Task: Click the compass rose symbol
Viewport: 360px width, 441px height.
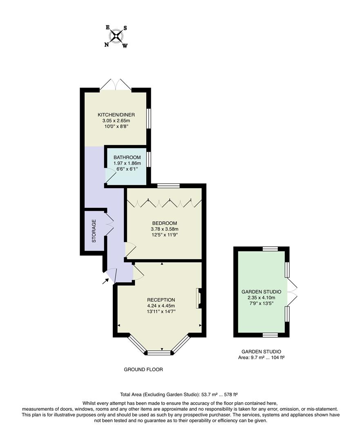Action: pos(116,36)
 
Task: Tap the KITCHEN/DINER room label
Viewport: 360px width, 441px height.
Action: pos(116,114)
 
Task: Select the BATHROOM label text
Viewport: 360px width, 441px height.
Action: pos(127,157)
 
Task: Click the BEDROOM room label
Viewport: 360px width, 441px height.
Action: pos(164,223)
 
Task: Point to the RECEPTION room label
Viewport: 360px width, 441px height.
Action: pos(161,299)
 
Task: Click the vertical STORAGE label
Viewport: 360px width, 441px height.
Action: pos(94,231)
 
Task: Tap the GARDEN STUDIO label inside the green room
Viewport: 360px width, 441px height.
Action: pos(261,292)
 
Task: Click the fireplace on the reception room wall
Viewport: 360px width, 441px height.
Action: pos(199,298)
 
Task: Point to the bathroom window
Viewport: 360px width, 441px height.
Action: pos(149,159)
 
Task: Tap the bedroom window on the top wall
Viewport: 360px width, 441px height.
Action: pos(168,186)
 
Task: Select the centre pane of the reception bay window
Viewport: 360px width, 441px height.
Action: pos(159,352)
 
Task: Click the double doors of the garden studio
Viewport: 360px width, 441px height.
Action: pos(292,292)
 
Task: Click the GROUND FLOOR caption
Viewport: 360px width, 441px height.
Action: pos(143,370)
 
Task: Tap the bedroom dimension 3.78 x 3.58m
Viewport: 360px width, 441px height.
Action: pos(164,229)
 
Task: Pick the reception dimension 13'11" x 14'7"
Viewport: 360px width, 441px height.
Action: pos(161,312)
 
